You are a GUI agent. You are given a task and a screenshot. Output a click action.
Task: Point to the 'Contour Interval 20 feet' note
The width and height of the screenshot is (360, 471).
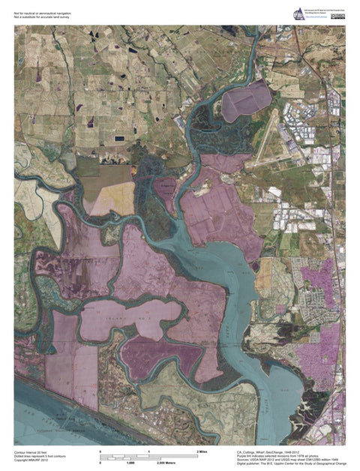(x=31, y=452)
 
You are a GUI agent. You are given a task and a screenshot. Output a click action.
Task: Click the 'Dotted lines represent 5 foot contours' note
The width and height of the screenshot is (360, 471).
(x=38, y=456)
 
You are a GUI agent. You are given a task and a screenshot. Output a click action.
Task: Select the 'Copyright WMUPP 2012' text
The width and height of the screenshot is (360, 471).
(x=31, y=460)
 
